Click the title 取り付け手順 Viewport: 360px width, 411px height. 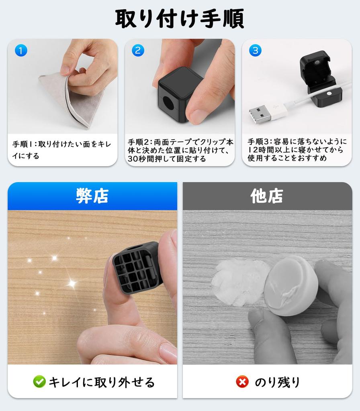pos(180,18)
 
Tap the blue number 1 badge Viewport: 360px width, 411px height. pos(21,50)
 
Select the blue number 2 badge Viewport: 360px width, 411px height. pos(138,50)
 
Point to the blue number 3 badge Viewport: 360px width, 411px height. pos(255,50)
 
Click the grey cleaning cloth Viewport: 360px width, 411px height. pos(71,102)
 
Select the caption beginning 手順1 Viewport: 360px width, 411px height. pos(61,150)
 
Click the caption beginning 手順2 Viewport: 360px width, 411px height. pos(180,150)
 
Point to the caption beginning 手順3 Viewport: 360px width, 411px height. pos(297,150)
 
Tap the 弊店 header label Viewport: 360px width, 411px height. pos(92,196)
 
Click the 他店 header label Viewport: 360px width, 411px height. pos(267,196)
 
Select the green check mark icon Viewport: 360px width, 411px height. pos(39,382)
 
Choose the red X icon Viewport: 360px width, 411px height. pos(242,382)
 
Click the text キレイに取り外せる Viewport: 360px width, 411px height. pos(102,382)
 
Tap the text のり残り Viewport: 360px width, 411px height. pos(277,382)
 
